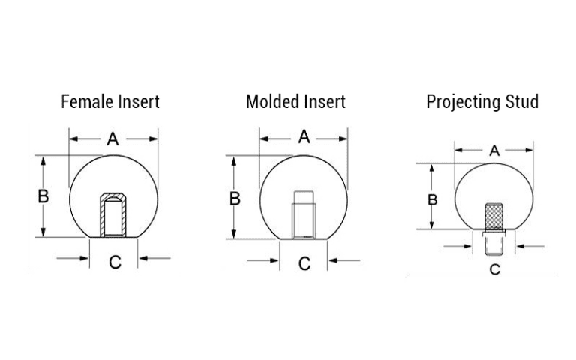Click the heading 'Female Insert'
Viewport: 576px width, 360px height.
pos(110,101)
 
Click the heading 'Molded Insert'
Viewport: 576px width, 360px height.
pos(295,101)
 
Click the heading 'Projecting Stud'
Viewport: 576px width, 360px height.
pos(482,102)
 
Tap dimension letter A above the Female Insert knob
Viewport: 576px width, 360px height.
pos(112,139)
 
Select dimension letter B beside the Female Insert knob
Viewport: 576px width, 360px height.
pos(43,196)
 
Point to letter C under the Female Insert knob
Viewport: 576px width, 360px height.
pos(115,262)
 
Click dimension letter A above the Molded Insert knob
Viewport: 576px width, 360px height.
pos(304,137)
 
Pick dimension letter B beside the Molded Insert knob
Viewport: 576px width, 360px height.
pos(235,199)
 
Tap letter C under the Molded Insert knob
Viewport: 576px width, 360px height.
pos(304,263)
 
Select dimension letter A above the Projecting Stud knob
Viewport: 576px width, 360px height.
pos(494,151)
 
